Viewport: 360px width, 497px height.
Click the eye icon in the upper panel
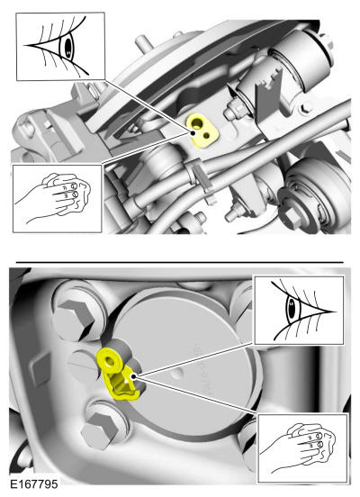tap(60, 46)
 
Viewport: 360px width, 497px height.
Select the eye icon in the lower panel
tap(300, 310)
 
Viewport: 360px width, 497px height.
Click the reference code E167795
tap(34, 484)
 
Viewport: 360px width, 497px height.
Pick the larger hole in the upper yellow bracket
tap(198, 122)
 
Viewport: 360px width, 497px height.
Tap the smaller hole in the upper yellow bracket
tap(207, 136)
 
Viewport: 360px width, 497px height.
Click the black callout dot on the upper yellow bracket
tap(193, 133)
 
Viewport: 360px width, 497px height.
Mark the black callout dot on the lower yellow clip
tap(134, 376)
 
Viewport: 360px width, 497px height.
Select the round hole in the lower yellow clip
tap(111, 361)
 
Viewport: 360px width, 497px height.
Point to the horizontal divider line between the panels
tap(180, 262)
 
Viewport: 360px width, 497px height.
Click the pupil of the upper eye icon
tap(68, 47)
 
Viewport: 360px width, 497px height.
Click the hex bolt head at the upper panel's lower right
tap(291, 218)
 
